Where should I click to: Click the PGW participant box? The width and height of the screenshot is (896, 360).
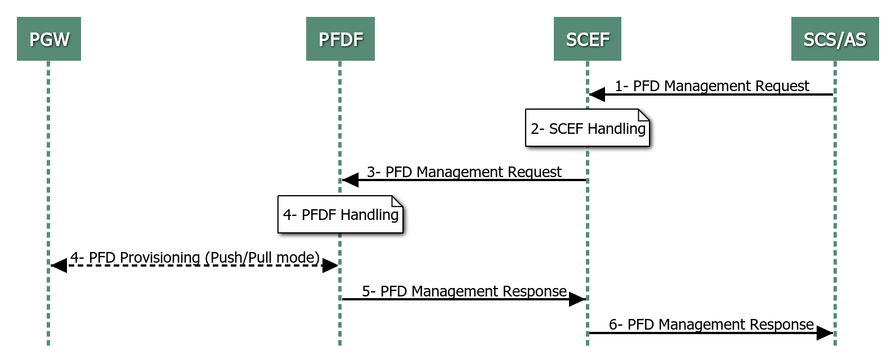click(x=49, y=39)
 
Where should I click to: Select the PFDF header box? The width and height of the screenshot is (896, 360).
click(x=341, y=39)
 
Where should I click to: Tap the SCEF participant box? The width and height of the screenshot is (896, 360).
click(x=587, y=39)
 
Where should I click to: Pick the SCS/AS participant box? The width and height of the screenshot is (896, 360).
click(x=835, y=39)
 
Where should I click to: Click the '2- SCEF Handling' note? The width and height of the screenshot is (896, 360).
click(x=587, y=128)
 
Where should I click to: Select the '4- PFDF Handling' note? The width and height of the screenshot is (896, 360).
click(x=340, y=214)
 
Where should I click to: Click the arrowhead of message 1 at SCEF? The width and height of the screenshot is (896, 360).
click(x=597, y=94)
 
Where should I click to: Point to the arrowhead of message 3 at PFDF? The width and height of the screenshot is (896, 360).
click(x=351, y=180)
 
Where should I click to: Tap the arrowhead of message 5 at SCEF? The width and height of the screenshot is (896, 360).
click(x=577, y=299)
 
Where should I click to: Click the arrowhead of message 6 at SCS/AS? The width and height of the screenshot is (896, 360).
click(x=825, y=333)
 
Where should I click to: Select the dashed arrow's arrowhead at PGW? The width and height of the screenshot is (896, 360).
click(x=59, y=265)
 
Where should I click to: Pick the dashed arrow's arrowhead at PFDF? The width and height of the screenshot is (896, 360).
click(x=330, y=265)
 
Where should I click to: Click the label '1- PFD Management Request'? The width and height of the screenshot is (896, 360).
click(x=711, y=86)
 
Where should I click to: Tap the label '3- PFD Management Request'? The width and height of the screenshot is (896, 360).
click(x=464, y=172)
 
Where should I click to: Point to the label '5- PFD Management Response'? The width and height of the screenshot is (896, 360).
click(x=464, y=291)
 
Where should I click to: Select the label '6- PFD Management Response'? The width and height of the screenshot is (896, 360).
click(x=711, y=325)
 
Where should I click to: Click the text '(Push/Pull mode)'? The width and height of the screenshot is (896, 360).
click(x=262, y=258)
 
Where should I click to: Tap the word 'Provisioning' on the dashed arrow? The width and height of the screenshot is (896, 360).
click(x=160, y=258)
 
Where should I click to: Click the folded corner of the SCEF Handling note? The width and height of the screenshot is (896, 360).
click(x=644, y=115)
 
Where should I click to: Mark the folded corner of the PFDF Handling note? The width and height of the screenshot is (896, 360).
click(x=397, y=201)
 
